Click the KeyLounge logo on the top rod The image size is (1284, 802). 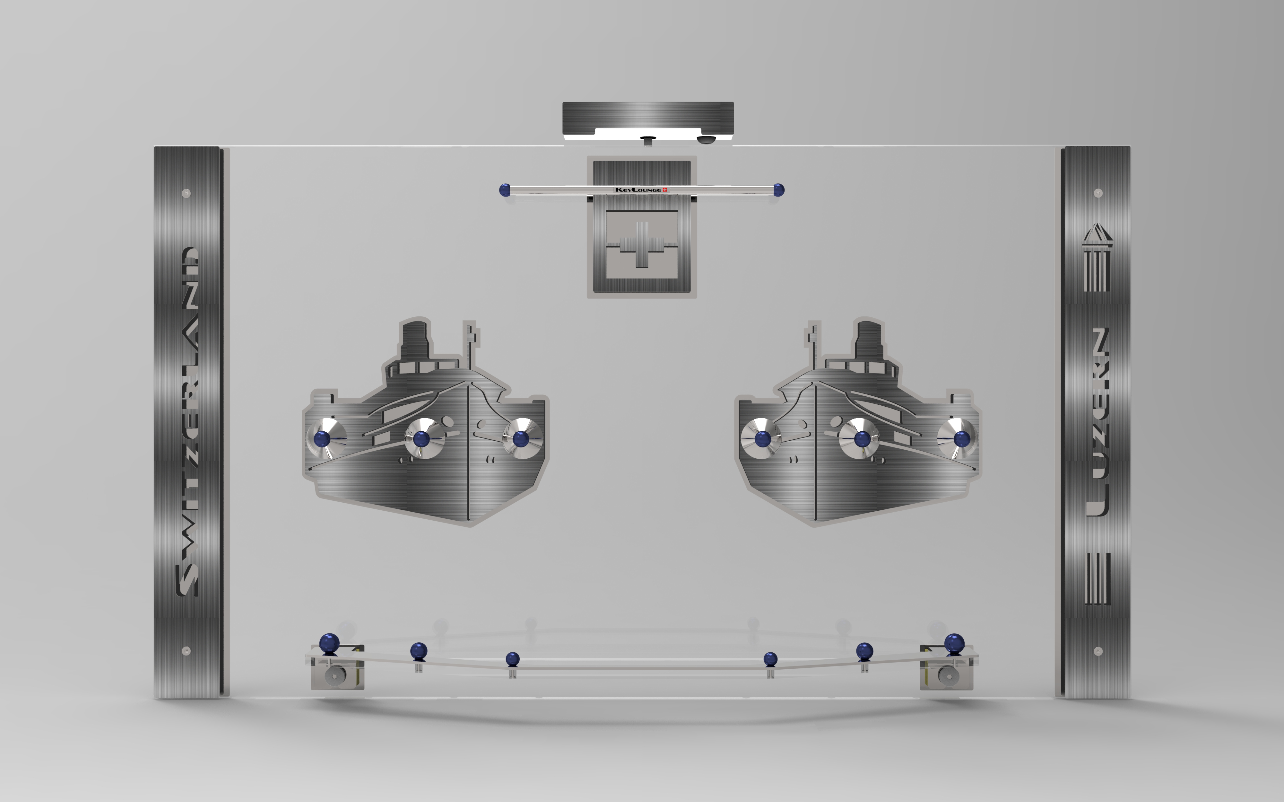pyautogui.click(x=641, y=189)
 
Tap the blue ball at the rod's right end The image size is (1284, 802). pyautogui.click(x=778, y=189)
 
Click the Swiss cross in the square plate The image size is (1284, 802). pyautogui.click(x=642, y=244)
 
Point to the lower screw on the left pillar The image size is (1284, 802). pyautogui.click(x=186, y=651)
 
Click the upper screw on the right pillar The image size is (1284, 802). pyautogui.click(x=1098, y=193)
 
